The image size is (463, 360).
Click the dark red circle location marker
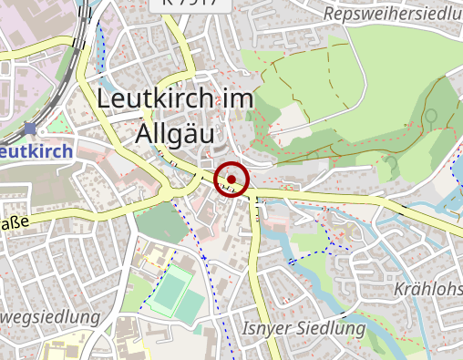click(x=231, y=179)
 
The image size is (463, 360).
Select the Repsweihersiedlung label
click(x=392, y=14)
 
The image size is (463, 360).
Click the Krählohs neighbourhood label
click(x=427, y=289)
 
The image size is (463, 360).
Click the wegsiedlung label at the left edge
click(x=49, y=317)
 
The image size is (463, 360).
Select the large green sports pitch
click(x=170, y=293)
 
